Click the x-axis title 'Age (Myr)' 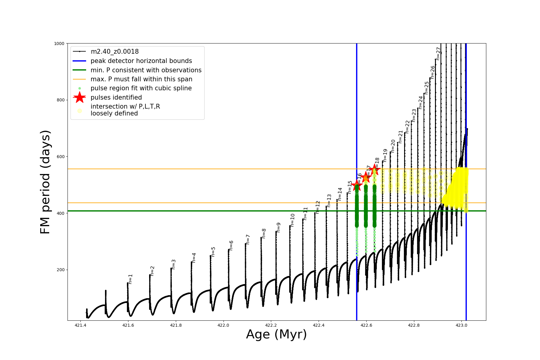click(276, 334)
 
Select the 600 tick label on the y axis click(61, 157)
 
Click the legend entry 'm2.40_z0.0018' click(115, 52)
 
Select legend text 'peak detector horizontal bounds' click(141, 61)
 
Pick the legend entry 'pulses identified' click(116, 97)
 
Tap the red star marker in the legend click(79, 97)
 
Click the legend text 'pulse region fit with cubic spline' click(141, 88)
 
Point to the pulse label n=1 click(130, 279)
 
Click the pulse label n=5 click(213, 252)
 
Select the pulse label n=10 click(292, 220)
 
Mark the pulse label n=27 click(438, 53)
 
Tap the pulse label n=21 click(400, 136)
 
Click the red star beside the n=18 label click(374, 170)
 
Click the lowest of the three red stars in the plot click(357, 185)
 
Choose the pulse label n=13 click(329, 200)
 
